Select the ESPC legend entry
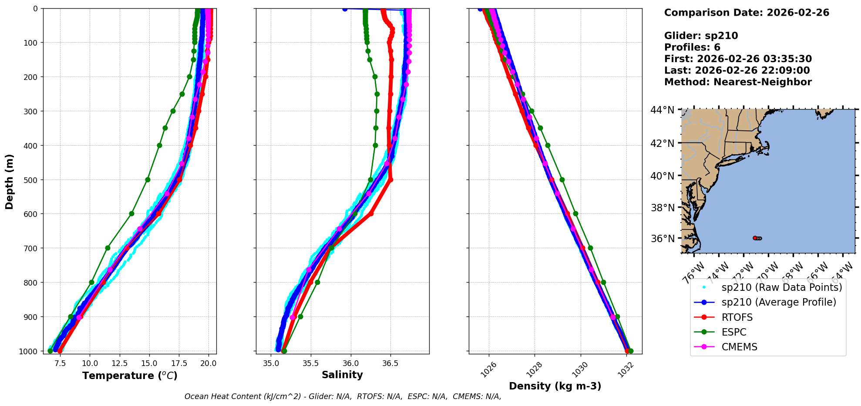tap(733, 332)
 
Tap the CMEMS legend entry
tap(739, 347)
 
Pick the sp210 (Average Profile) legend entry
tap(779, 302)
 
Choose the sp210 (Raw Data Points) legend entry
tap(781, 287)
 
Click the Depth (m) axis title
tap(10, 181)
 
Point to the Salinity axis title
tap(342, 375)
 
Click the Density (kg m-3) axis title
tap(555, 386)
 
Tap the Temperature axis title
tap(130, 376)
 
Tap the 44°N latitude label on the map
tap(662, 110)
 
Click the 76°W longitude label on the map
tap(693, 272)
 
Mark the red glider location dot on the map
tap(755, 238)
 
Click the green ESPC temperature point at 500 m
tap(148, 180)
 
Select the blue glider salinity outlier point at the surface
tap(345, 9)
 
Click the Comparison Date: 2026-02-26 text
tap(747, 13)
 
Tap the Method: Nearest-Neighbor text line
tap(738, 82)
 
